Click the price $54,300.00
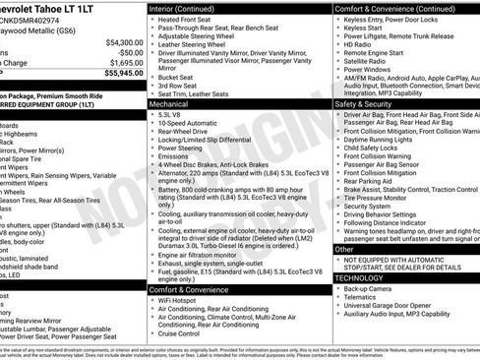(x=117, y=43)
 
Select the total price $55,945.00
(x=117, y=74)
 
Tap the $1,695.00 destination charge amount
(x=120, y=63)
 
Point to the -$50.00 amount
(x=125, y=53)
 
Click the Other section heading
(x=345, y=250)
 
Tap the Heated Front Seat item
(x=190, y=20)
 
